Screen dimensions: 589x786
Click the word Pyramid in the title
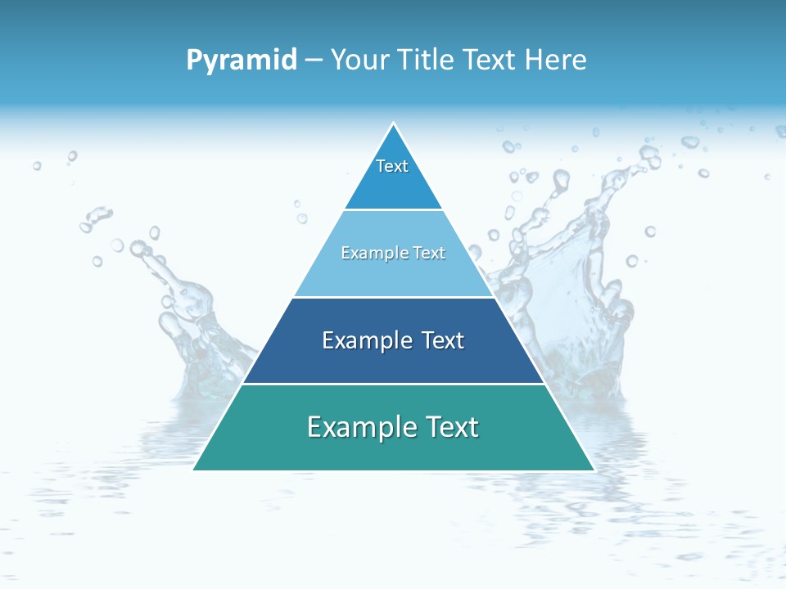coord(242,61)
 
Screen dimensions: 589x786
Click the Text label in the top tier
coord(392,166)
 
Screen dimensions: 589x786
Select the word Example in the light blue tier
coord(371,253)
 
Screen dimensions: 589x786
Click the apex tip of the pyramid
coord(393,124)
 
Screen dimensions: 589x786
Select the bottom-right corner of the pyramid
coord(593,469)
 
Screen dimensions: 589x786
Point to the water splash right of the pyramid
coord(573,270)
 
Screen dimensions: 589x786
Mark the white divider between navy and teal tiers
coord(393,384)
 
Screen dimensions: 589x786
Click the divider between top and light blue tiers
coord(393,209)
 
